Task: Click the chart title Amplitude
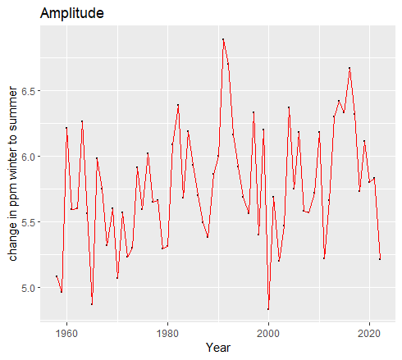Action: [x=71, y=14]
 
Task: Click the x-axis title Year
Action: [x=218, y=348]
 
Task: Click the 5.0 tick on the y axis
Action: [x=27, y=288]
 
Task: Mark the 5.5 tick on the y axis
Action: [x=27, y=222]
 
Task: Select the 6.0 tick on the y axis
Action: [x=27, y=156]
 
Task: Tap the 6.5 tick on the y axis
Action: [x=27, y=90]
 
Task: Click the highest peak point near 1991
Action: [x=223, y=39]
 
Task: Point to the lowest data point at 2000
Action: [x=268, y=309]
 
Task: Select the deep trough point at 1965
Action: [x=92, y=304]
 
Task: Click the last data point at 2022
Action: [x=380, y=259]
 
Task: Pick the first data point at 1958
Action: [x=57, y=276]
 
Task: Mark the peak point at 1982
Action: [x=178, y=105]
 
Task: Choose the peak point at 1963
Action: [x=82, y=121]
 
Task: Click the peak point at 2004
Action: [x=289, y=107]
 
